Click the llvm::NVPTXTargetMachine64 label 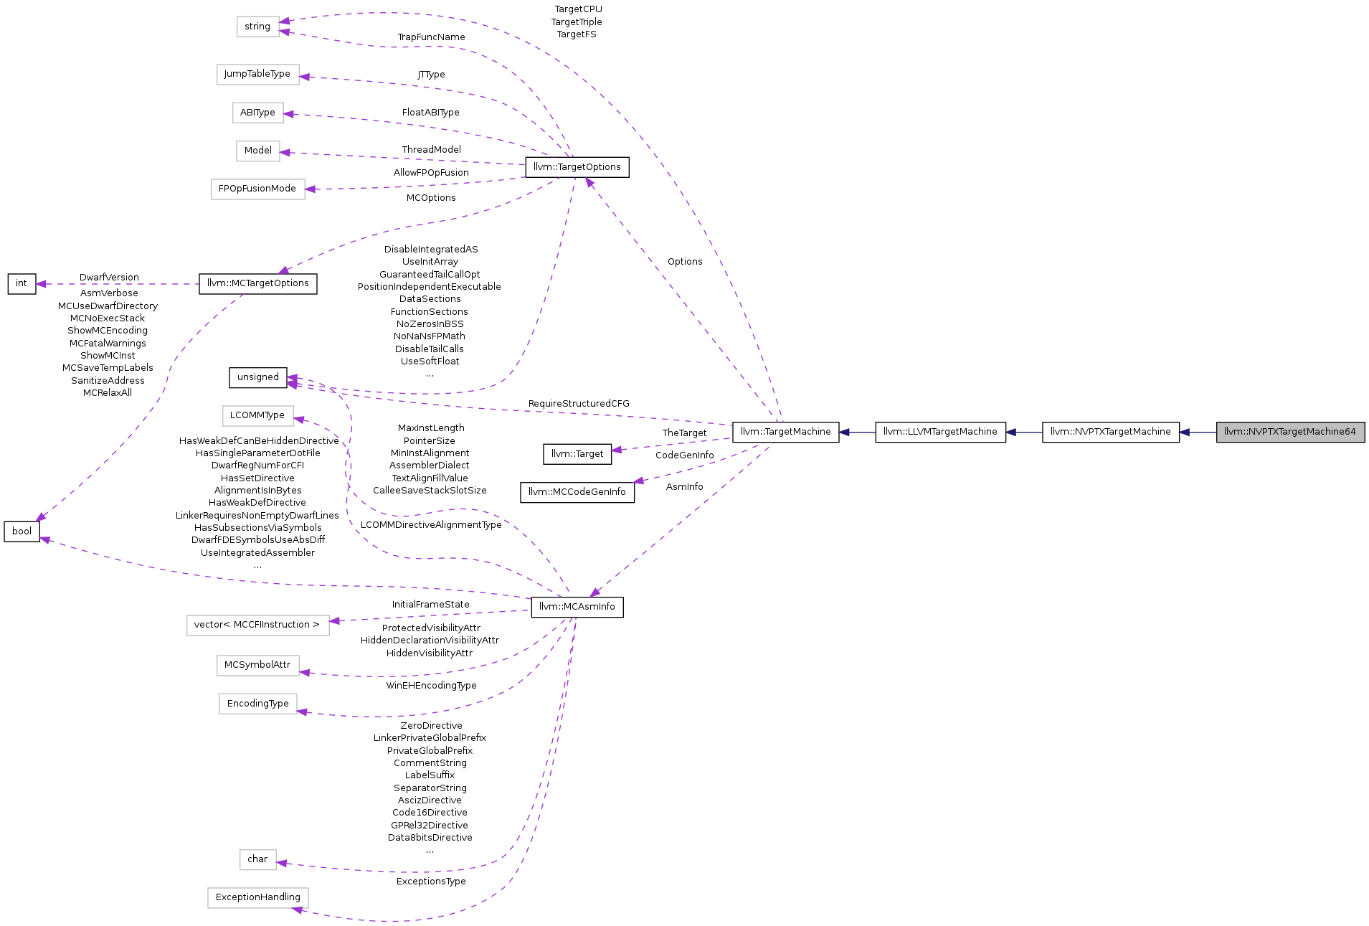(1289, 432)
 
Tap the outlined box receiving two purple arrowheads (258, 27)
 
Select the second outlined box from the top (258, 75)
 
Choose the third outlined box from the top (258, 113)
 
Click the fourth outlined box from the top (258, 151)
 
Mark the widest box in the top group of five (258, 189)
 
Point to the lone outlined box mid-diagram (258, 416)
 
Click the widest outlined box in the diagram (258, 625)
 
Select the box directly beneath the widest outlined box (258, 666)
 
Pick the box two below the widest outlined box (258, 704)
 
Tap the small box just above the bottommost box (258, 860)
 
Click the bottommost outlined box (258, 898)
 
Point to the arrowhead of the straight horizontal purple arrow (41, 284)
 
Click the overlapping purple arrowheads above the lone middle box (292, 382)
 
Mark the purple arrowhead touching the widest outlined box (335, 621)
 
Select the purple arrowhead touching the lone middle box (299, 419)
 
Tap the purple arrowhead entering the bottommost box (298, 910)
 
